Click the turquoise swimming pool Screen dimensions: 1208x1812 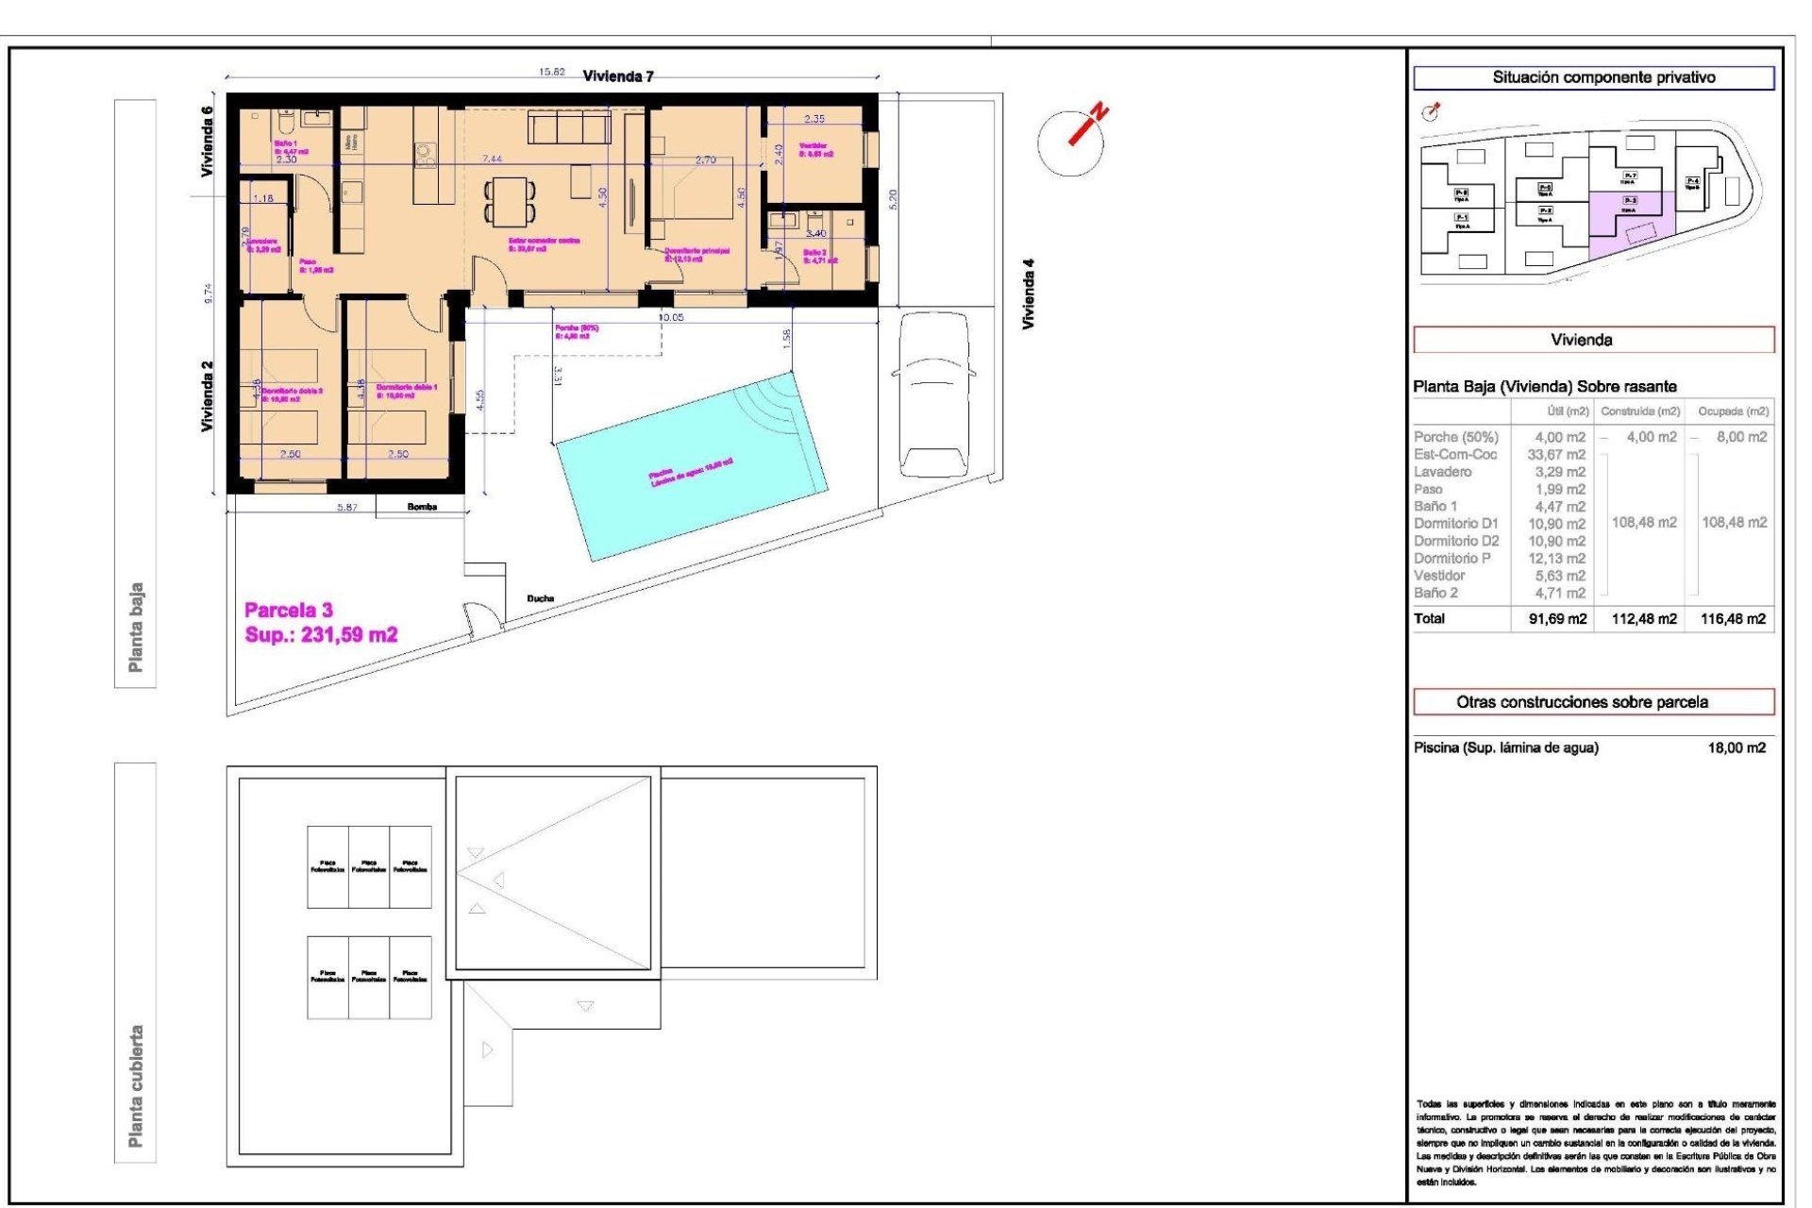click(x=691, y=468)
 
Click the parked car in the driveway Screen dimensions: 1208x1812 click(x=933, y=394)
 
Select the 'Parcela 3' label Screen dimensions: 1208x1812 click(x=288, y=610)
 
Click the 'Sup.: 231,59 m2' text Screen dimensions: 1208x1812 click(x=321, y=635)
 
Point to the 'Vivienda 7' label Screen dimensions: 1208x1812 click(x=618, y=76)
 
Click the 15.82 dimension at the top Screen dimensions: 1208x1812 click(x=551, y=72)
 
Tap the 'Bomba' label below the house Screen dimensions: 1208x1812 click(x=422, y=507)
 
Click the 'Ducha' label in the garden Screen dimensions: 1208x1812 click(x=541, y=598)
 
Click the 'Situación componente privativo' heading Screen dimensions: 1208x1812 click(x=1603, y=77)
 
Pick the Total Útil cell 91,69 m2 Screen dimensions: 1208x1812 click(x=1557, y=619)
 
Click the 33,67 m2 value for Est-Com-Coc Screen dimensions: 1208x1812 click(x=1556, y=455)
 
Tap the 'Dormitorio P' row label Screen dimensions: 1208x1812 click(x=1452, y=559)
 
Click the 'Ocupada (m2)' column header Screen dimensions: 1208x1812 click(x=1733, y=411)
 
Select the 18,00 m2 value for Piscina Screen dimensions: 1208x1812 click(x=1736, y=747)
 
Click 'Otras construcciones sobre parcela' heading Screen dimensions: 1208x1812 click(x=1582, y=702)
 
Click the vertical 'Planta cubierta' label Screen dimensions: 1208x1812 click(x=136, y=1086)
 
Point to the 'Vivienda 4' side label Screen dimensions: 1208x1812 click(x=1029, y=294)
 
